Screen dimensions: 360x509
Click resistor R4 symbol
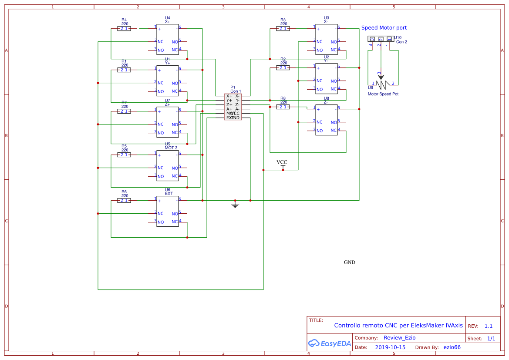pos(124,29)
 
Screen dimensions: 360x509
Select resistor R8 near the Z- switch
pos(283,107)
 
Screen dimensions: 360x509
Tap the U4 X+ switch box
pos(168,39)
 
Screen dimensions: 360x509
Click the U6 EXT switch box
pos(168,211)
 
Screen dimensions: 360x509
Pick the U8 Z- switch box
pos(327,120)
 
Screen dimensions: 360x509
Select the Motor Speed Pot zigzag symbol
pos(382,83)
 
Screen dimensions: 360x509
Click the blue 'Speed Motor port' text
pos(384,28)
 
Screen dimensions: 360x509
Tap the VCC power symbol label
pos(282,162)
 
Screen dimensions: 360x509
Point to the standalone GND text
pos(350,262)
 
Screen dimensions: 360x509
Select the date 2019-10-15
pos(390,347)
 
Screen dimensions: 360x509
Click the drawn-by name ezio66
pos(452,347)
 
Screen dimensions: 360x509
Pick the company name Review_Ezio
pos(399,338)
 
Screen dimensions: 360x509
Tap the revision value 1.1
pos(488,326)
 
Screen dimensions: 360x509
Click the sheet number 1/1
pos(491,339)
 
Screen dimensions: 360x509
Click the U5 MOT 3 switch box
pos(168,165)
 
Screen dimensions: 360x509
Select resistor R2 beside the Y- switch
pos(283,68)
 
